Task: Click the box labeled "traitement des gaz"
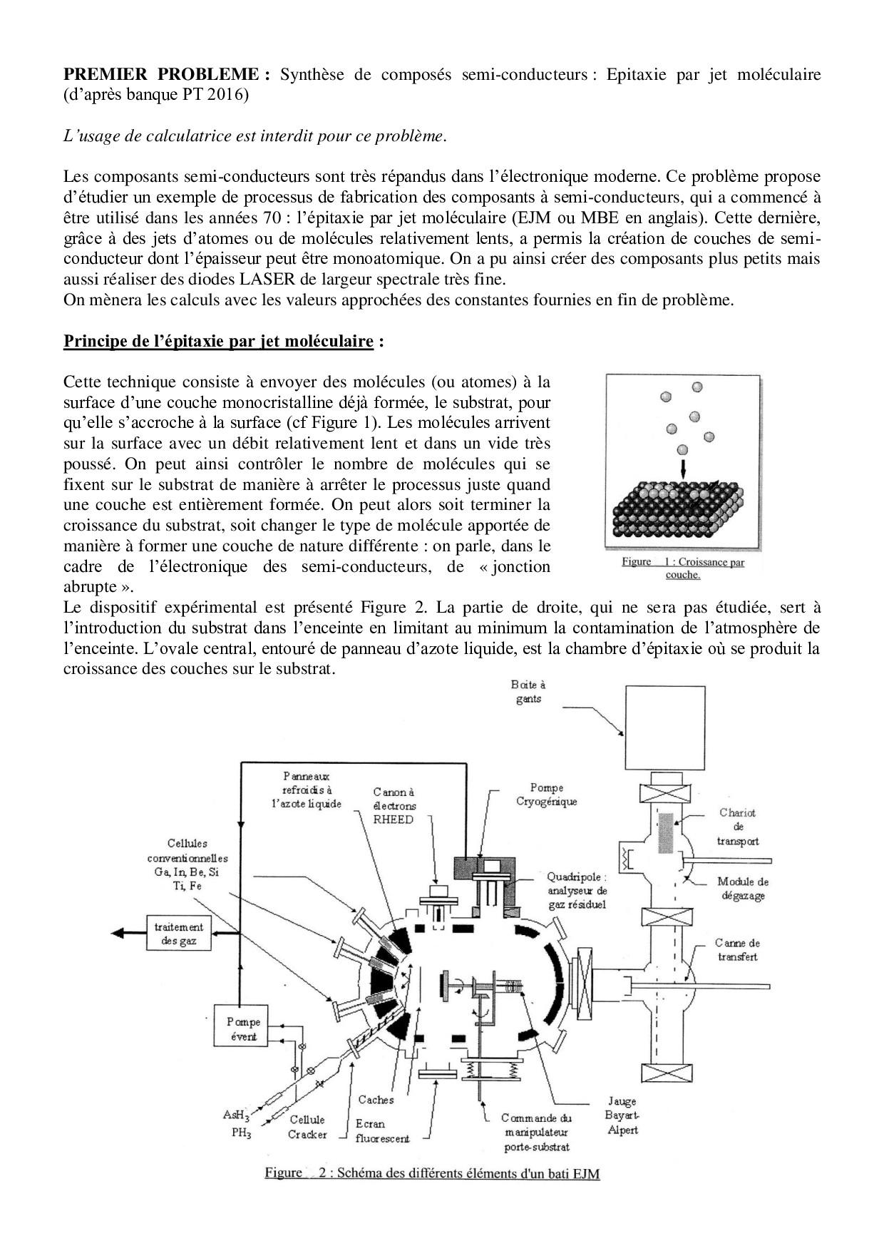[179, 934]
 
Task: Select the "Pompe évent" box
[243, 1029]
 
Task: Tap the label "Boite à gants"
[529, 691]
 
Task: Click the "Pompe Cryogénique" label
[546, 794]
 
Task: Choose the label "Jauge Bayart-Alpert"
[622, 1115]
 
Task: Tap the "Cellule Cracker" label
[307, 1127]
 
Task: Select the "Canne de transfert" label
[737, 949]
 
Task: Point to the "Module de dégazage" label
[743, 888]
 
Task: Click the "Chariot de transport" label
[738, 827]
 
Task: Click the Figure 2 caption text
[432, 1173]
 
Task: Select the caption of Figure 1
[682, 568]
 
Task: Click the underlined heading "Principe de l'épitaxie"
[219, 341]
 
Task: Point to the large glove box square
[665, 728]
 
